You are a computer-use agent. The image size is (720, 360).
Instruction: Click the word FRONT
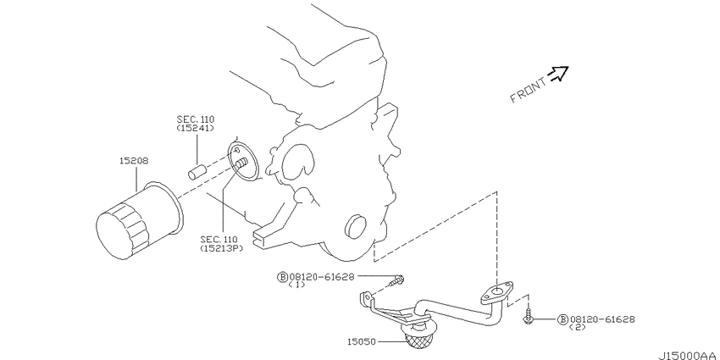[528, 88]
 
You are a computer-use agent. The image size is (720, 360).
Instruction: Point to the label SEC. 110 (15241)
[196, 124]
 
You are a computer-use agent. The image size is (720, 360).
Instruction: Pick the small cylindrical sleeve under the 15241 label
[199, 169]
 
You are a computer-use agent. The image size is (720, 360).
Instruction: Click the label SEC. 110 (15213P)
[221, 244]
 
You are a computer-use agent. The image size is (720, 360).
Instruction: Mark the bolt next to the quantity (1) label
[398, 279]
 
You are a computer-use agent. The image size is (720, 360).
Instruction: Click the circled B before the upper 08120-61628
[281, 277]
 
